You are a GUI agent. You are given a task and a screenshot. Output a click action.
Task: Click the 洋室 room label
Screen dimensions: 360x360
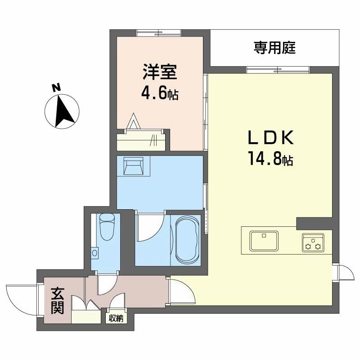point(160,72)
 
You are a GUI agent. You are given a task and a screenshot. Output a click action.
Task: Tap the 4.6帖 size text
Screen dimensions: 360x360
point(160,93)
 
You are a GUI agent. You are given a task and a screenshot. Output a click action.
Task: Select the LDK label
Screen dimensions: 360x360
point(270,137)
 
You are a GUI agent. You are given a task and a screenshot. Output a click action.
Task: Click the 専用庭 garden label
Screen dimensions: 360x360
point(274,48)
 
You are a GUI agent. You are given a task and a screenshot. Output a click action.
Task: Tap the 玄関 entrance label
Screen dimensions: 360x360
point(58,301)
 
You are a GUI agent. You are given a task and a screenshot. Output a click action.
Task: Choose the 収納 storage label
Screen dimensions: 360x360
point(116,318)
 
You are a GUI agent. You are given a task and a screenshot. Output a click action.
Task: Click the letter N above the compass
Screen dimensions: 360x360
point(56,87)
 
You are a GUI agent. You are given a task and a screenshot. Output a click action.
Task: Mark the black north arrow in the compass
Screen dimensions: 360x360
point(64,111)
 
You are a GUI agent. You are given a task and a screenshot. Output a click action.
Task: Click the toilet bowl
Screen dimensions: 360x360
point(107,227)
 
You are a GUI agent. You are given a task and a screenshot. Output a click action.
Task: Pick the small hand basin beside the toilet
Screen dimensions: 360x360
point(94,253)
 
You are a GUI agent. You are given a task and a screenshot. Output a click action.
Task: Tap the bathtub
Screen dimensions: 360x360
point(187,240)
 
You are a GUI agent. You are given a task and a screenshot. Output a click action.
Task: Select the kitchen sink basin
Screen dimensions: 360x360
point(264,241)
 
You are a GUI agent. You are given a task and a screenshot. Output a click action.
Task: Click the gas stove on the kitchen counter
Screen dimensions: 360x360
point(313,243)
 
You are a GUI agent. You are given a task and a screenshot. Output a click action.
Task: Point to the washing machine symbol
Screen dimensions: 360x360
point(133,166)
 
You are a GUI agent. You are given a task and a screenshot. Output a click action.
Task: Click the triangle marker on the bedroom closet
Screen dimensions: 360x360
point(133,121)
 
